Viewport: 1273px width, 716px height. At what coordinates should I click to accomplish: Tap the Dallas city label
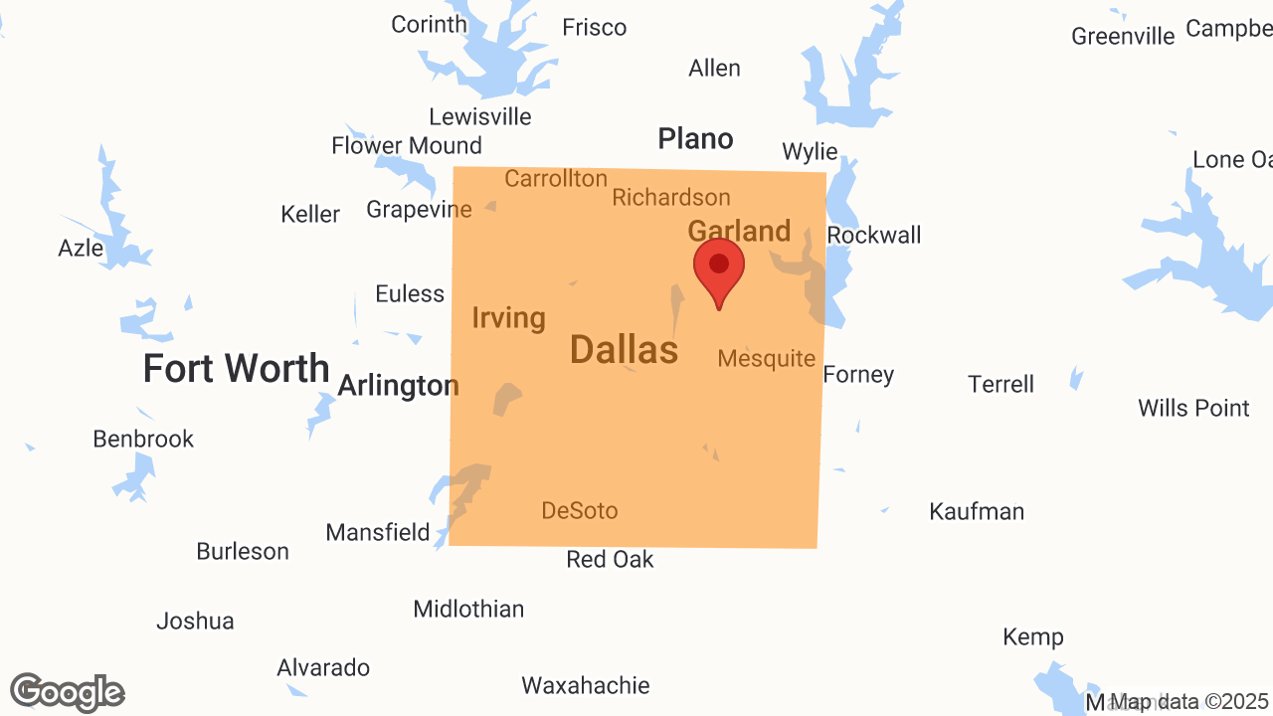pos(625,350)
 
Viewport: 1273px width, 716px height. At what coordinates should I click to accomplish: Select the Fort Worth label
pos(236,369)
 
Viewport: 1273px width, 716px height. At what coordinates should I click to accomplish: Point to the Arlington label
pos(398,385)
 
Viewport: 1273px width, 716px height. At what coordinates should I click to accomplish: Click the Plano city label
pos(695,139)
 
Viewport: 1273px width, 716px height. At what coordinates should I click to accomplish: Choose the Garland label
pos(739,232)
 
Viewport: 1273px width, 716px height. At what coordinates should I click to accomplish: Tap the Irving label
pos(508,318)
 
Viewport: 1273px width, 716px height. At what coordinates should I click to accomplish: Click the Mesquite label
pos(766,358)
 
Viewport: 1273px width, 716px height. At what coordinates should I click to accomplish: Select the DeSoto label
pos(579,511)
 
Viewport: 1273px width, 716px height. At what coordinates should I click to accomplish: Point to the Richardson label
pos(670,198)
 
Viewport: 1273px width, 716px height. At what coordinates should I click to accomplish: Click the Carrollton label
pos(555,179)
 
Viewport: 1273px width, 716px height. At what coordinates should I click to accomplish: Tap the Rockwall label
pos(873,236)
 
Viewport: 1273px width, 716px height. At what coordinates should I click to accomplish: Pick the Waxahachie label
pos(585,685)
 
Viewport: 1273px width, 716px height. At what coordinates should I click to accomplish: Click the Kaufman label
pos(976,511)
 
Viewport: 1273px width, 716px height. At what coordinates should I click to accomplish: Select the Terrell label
pos(1000,384)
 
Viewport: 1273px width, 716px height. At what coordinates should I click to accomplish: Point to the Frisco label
pos(594,28)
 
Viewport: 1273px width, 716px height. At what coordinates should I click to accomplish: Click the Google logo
pos(67,692)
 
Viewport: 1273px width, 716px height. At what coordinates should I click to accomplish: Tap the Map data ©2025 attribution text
pos(1189,701)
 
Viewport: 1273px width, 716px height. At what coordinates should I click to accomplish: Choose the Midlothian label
pos(468,609)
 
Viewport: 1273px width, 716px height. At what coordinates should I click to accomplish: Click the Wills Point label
pos(1193,408)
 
